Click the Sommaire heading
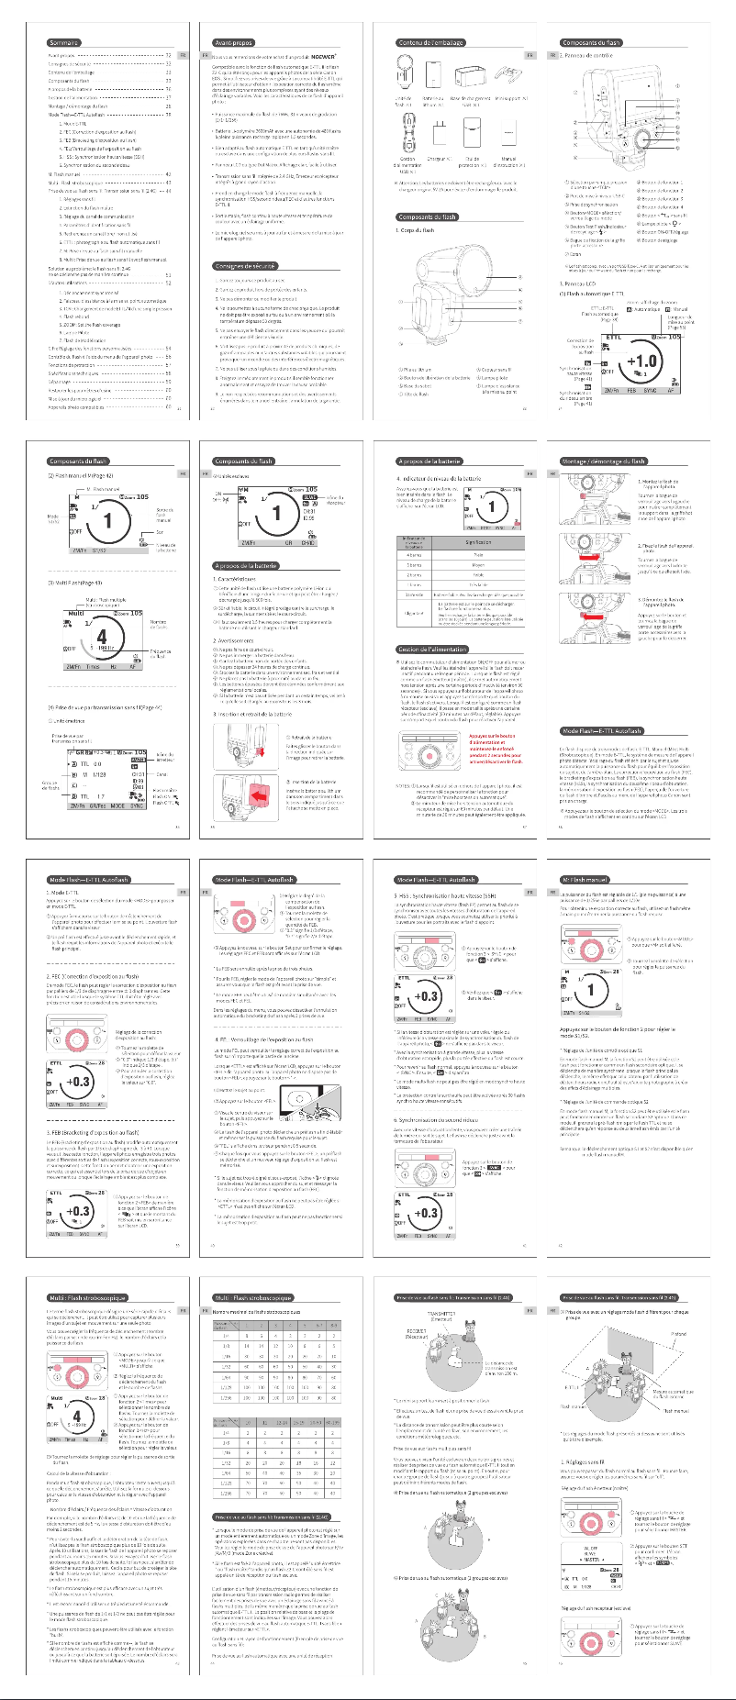64,42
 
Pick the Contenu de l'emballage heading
431,42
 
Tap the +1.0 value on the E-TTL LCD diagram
641,361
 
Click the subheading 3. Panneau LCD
578,283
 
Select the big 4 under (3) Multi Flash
101,637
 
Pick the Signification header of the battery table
478,542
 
